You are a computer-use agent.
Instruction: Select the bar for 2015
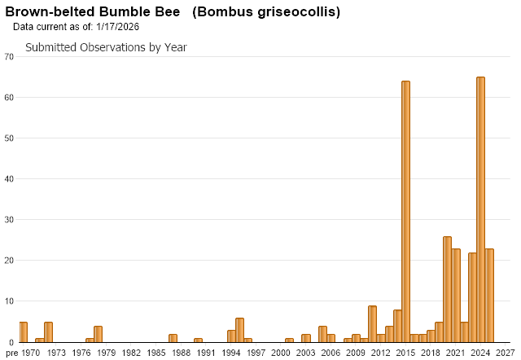(405, 212)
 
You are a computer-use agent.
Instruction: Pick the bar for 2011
(372, 324)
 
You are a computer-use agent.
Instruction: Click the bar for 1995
(239, 330)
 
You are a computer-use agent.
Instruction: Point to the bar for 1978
(98, 334)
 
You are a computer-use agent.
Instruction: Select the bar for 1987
(173, 338)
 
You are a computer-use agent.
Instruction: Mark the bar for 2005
(322, 334)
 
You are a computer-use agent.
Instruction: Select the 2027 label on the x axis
(506, 353)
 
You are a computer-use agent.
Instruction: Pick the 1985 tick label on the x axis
(156, 353)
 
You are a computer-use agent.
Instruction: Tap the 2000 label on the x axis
(281, 353)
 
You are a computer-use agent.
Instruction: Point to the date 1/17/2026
(117, 27)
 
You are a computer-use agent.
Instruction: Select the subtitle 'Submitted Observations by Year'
(106, 47)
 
